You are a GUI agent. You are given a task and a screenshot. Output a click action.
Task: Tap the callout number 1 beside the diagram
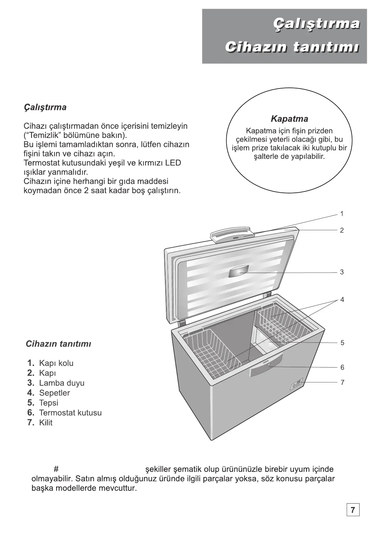click(x=342, y=214)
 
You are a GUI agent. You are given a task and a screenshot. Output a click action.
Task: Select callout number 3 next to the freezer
click(x=342, y=272)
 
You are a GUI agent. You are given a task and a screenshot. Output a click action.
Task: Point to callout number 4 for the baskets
click(x=342, y=300)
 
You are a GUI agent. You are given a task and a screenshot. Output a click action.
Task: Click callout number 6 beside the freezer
click(x=342, y=368)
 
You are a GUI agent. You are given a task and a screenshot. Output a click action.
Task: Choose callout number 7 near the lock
click(x=342, y=383)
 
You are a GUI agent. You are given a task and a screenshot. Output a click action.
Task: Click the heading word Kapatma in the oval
click(x=289, y=119)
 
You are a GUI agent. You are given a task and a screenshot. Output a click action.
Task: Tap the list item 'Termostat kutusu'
click(x=70, y=413)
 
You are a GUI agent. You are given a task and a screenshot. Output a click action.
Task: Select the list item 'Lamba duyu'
click(x=62, y=383)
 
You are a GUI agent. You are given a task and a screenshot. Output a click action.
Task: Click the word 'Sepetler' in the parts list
click(x=54, y=393)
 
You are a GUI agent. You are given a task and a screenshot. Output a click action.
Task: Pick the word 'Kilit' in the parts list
click(x=46, y=423)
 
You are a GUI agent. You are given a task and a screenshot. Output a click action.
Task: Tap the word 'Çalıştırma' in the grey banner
click(x=316, y=24)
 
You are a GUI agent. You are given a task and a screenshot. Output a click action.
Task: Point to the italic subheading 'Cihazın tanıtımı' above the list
click(x=58, y=344)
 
